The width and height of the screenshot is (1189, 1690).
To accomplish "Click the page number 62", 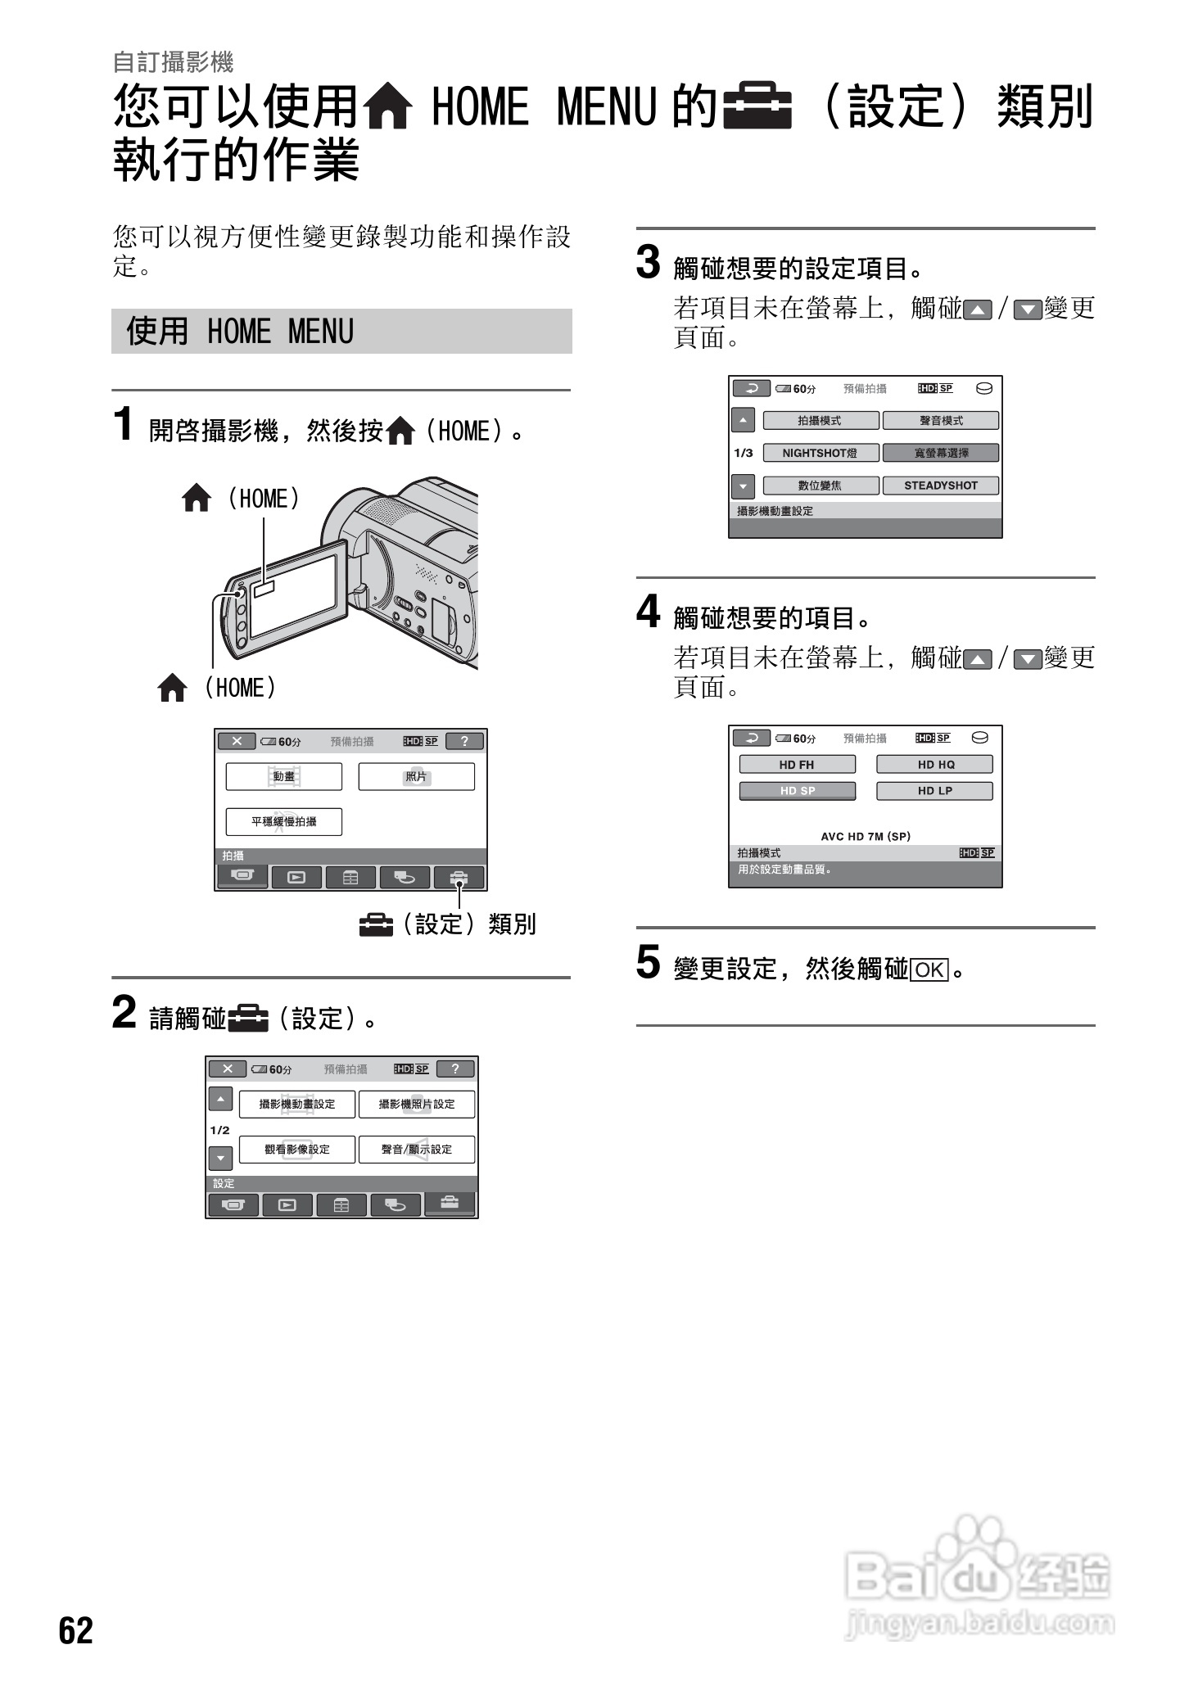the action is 75,1629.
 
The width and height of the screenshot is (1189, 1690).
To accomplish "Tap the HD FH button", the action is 797,764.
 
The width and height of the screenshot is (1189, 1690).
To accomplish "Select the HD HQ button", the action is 934,764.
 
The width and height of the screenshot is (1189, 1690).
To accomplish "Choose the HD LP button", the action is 934,791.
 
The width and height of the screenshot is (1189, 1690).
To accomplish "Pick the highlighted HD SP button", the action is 797,791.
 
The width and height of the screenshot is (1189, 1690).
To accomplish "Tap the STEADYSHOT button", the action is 940,486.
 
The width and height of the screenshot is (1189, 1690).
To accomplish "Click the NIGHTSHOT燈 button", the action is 820,453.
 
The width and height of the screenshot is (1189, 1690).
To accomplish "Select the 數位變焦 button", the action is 820,486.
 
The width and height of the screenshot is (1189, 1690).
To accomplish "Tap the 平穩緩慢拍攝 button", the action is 283,821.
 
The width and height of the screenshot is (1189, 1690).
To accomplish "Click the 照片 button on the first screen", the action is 416,776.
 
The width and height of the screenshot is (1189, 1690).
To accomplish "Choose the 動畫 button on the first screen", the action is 283,776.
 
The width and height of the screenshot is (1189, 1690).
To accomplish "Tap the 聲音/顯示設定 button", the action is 416,1149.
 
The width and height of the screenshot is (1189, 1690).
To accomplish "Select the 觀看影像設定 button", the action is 296,1149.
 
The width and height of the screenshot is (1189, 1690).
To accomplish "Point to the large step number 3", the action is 648,264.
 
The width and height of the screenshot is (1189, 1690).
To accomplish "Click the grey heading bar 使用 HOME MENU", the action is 341,332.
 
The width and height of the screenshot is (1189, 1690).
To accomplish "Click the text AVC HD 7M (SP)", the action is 866,836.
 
